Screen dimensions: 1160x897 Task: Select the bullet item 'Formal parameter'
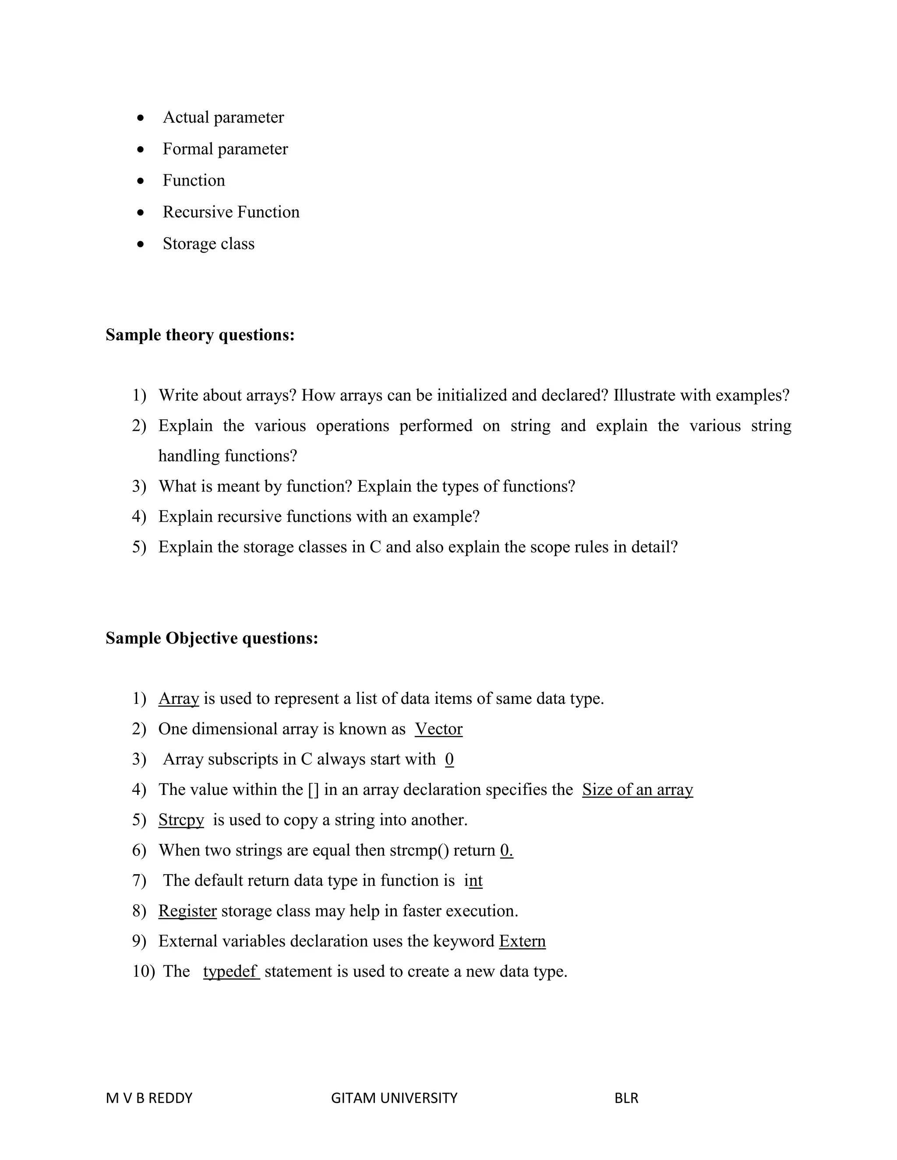point(225,149)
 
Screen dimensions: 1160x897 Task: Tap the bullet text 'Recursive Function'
point(231,212)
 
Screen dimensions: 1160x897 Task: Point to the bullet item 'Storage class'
point(208,244)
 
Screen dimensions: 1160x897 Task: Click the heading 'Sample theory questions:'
point(200,335)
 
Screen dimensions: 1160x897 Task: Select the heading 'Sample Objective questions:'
point(212,638)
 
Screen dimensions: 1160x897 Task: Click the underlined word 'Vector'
point(438,729)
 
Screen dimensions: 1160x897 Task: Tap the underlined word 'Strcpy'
point(181,820)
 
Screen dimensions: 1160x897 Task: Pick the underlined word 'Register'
point(187,911)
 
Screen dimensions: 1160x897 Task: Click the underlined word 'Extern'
point(522,941)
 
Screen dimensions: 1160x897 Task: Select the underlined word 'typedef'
point(231,971)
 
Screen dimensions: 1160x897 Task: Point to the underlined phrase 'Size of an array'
point(637,790)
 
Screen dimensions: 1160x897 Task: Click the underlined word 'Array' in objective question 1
point(179,699)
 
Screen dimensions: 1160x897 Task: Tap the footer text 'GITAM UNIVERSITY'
point(394,1098)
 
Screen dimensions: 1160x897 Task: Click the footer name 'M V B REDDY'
point(149,1098)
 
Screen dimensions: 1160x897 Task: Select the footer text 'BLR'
point(626,1098)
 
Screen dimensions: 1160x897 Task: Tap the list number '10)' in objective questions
point(143,971)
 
